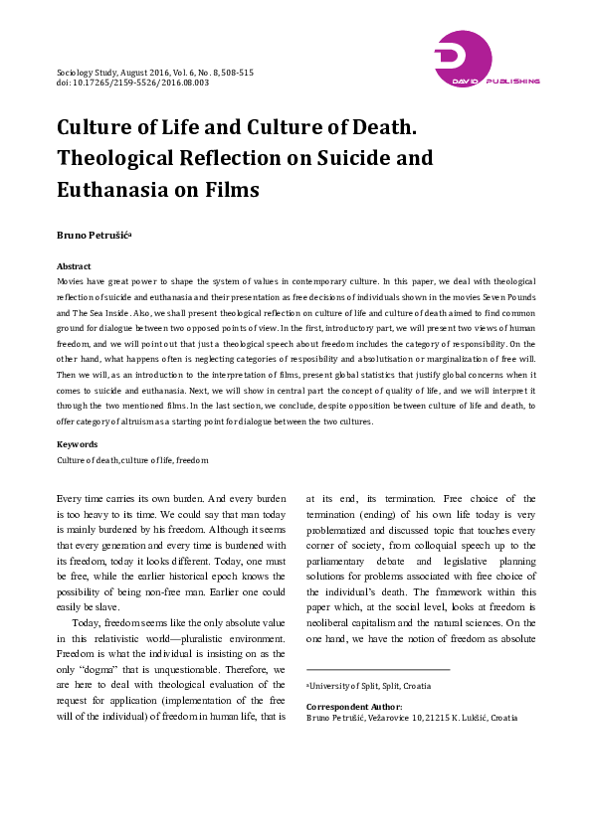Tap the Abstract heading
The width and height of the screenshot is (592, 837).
(x=75, y=266)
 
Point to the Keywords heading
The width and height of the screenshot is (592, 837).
(x=77, y=444)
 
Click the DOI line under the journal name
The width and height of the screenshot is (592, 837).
(x=132, y=83)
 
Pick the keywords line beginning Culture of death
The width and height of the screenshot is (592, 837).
(x=132, y=461)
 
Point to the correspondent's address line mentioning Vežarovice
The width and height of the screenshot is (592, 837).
(x=412, y=717)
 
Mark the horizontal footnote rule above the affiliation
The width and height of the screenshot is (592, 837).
(x=377, y=669)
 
